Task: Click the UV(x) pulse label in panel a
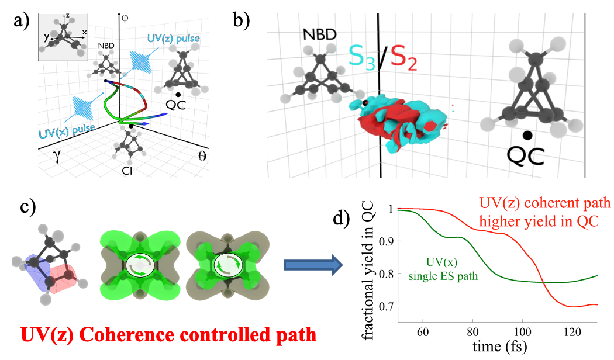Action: coord(68,128)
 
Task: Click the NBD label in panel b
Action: coord(319,35)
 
